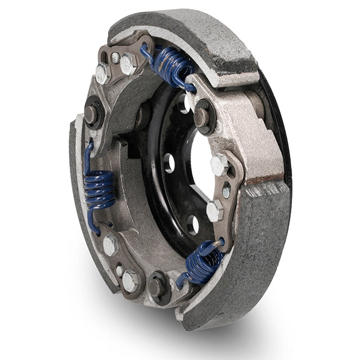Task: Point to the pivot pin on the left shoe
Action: (x=91, y=113)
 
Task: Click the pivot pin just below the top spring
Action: (x=201, y=116)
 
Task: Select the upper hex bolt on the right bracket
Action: (x=219, y=165)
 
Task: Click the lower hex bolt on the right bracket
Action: (x=214, y=211)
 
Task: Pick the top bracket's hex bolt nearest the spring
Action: (x=128, y=63)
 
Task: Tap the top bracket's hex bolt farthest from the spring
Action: (x=103, y=73)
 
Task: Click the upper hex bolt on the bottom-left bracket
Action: (x=110, y=245)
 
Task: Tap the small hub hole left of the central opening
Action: (x=169, y=163)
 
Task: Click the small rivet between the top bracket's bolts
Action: (x=115, y=57)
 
